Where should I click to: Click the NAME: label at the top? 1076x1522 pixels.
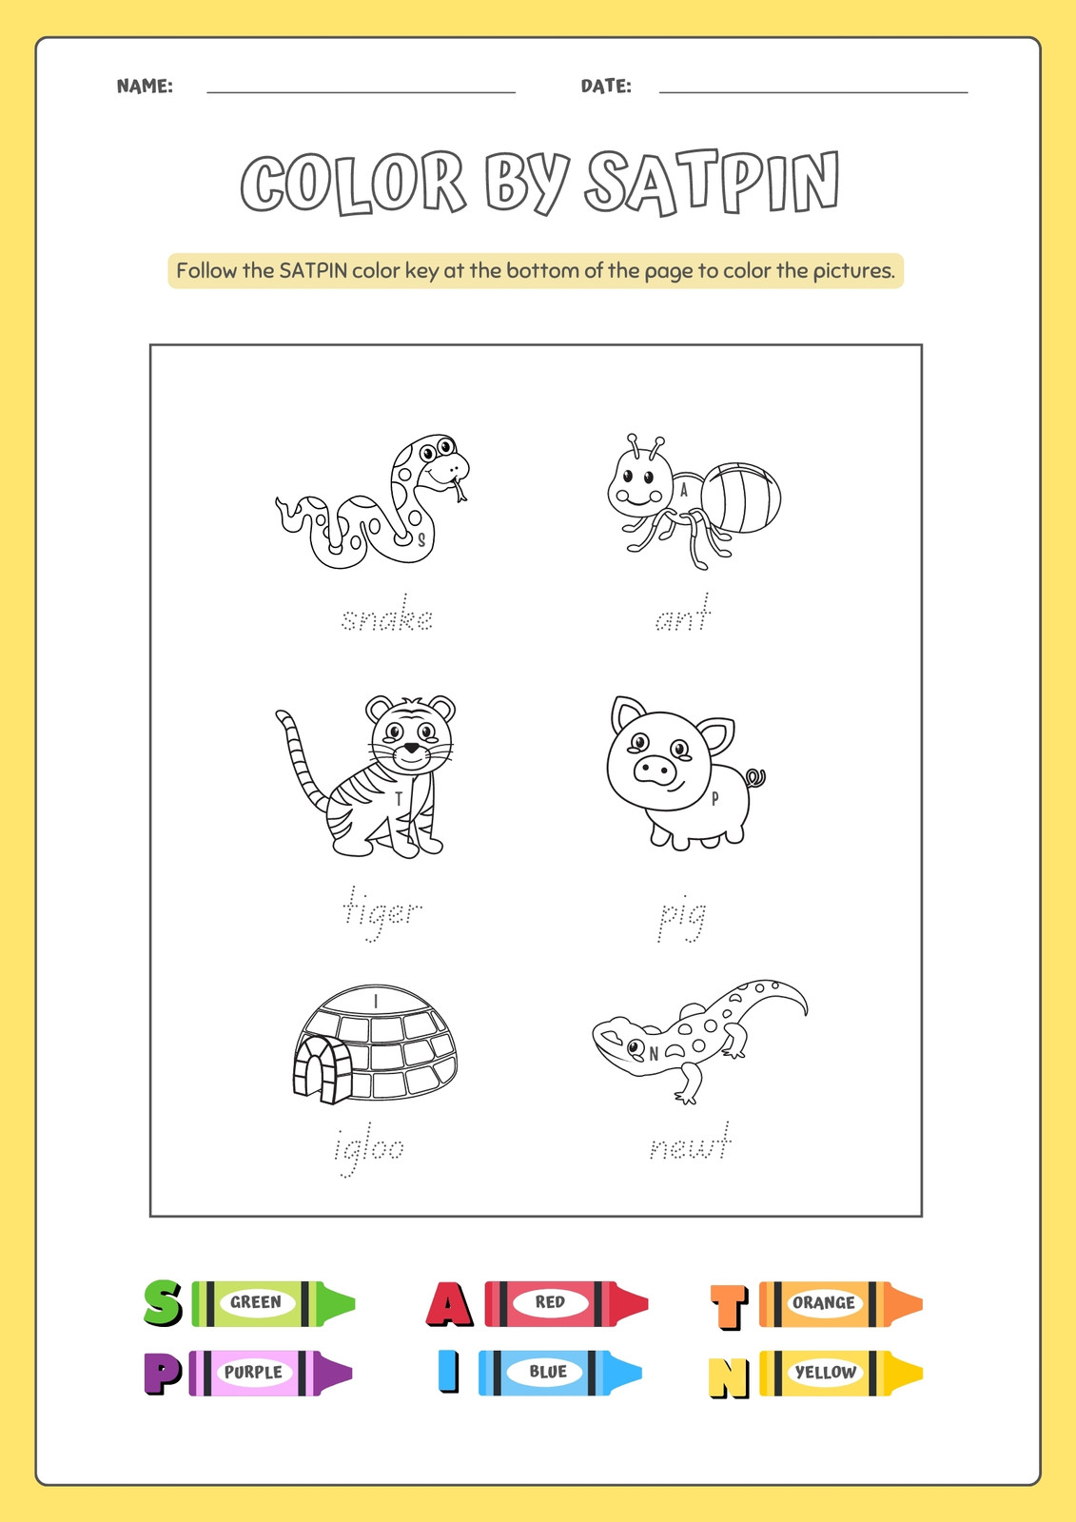click(x=145, y=87)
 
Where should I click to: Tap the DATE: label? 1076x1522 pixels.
click(x=606, y=87)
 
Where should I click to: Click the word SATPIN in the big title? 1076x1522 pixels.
click(x=712, y=182)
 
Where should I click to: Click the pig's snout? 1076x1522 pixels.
click(x=655, y=770)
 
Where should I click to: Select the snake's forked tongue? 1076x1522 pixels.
click(x=458, y=489)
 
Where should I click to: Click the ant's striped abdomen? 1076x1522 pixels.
click(x=741, y=498)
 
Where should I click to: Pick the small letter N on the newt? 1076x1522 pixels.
click(x=654, y=1054)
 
